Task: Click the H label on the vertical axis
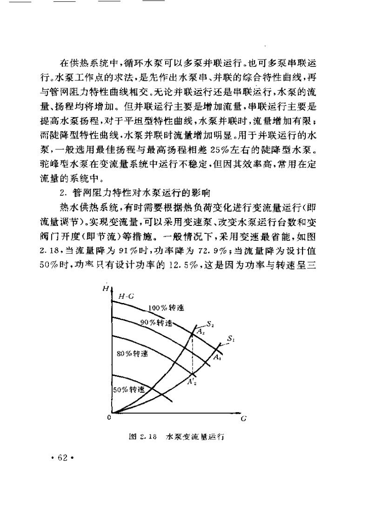point(105,289)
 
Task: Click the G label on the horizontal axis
point(243,418)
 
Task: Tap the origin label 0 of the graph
point(108,417)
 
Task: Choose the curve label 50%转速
point(128,389)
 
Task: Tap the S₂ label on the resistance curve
point(210,324)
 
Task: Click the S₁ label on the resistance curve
point(231,340)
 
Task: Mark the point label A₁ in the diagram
point(217,357)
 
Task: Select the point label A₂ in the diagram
point(198,331)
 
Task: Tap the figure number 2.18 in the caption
point(146,437)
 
